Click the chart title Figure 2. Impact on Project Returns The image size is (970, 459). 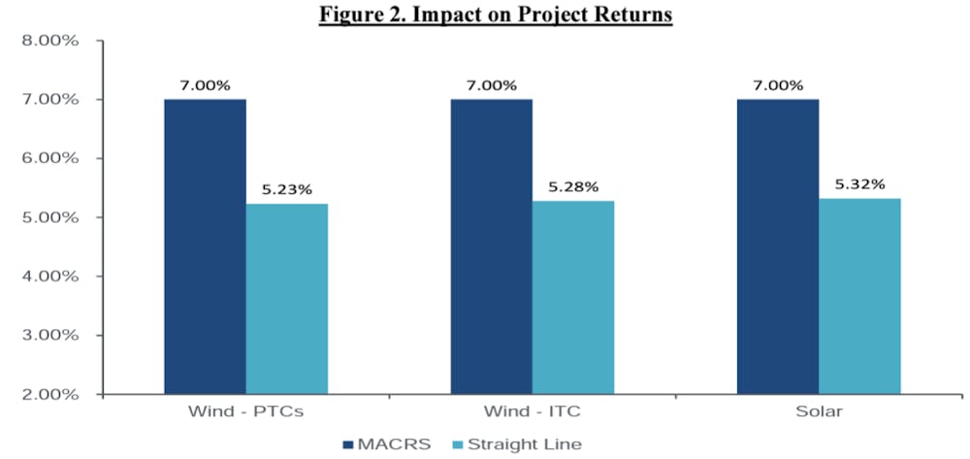(496, 15)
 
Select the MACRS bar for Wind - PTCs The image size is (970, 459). (205, 246)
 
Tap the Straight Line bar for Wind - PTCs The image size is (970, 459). (287, 299)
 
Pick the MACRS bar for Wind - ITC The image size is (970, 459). (491, 246)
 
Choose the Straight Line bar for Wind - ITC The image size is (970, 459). (573, 298)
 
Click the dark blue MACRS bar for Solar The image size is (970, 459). (778, 246)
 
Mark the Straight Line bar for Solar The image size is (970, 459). (859, 296)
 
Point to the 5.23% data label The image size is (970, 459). (287, 190)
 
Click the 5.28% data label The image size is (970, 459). (573, 187)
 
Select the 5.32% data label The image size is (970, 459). (859, 184)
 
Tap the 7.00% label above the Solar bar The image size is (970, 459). (778, 85)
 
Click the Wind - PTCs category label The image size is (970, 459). (246, 412)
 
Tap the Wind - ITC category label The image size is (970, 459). (533, 412)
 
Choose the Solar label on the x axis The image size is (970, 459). (819, 412)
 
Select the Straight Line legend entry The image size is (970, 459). (517, 443)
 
